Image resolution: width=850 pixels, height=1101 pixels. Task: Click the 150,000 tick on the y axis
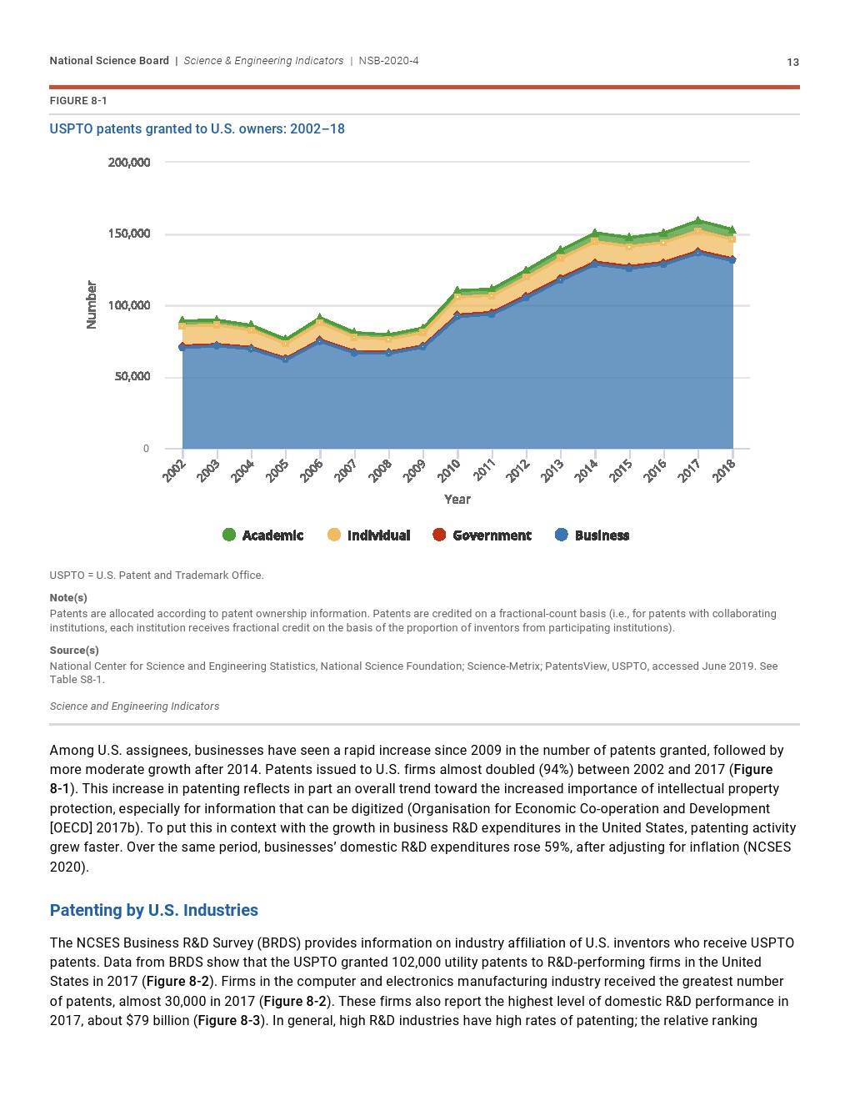pyautogui.click(x=129, y=234)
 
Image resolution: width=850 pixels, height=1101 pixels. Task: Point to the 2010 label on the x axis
pyautogui.click(x=449, y=470)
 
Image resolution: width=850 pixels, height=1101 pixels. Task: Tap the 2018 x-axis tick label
pyautogui.click(x=724, y=470)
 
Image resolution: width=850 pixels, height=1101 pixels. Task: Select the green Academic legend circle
pyautogui.click(x=229, y=535)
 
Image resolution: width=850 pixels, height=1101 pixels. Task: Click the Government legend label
pyautogui.click(x=492, y=535)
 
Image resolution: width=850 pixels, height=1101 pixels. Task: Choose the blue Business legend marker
pyautogui.click(x=562, y=535)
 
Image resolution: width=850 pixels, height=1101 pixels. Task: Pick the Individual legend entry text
pyautogui.click(x=378, y=535)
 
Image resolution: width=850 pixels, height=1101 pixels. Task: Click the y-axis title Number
pyautogui.click(x=92, y=304)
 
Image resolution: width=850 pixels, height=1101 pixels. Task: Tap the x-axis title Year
pyautogui.click(x=457, y=499)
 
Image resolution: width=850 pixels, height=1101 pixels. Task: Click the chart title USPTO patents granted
pyautogui.click(x=197, y=128)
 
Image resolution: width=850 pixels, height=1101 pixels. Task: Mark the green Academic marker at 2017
pyautogui.click(x=698, y=221)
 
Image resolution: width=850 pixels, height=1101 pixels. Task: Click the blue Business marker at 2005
pyautogui.click(x=286, y=359)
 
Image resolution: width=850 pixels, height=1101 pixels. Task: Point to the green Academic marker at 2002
pyautogui.click(x=182, y=320)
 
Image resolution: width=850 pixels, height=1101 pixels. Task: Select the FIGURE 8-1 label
pyautogui.click(x=78, y=101)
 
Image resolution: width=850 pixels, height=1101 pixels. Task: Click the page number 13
pyautogui.click(x=792, y=62)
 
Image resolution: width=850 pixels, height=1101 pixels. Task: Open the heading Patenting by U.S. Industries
pyautogui.click(x=154, y=910)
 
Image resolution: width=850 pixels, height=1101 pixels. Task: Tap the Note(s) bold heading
pyautogui.click(x=68, y=597)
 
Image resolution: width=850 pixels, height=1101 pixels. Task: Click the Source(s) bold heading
pyautogui.click(x=74, y=650)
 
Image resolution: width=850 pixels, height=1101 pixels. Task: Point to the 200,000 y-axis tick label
pyautogui.click(x=129, y=162)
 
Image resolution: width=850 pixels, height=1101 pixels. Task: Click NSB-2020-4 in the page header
pyautogui.click(x=388, y=61)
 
